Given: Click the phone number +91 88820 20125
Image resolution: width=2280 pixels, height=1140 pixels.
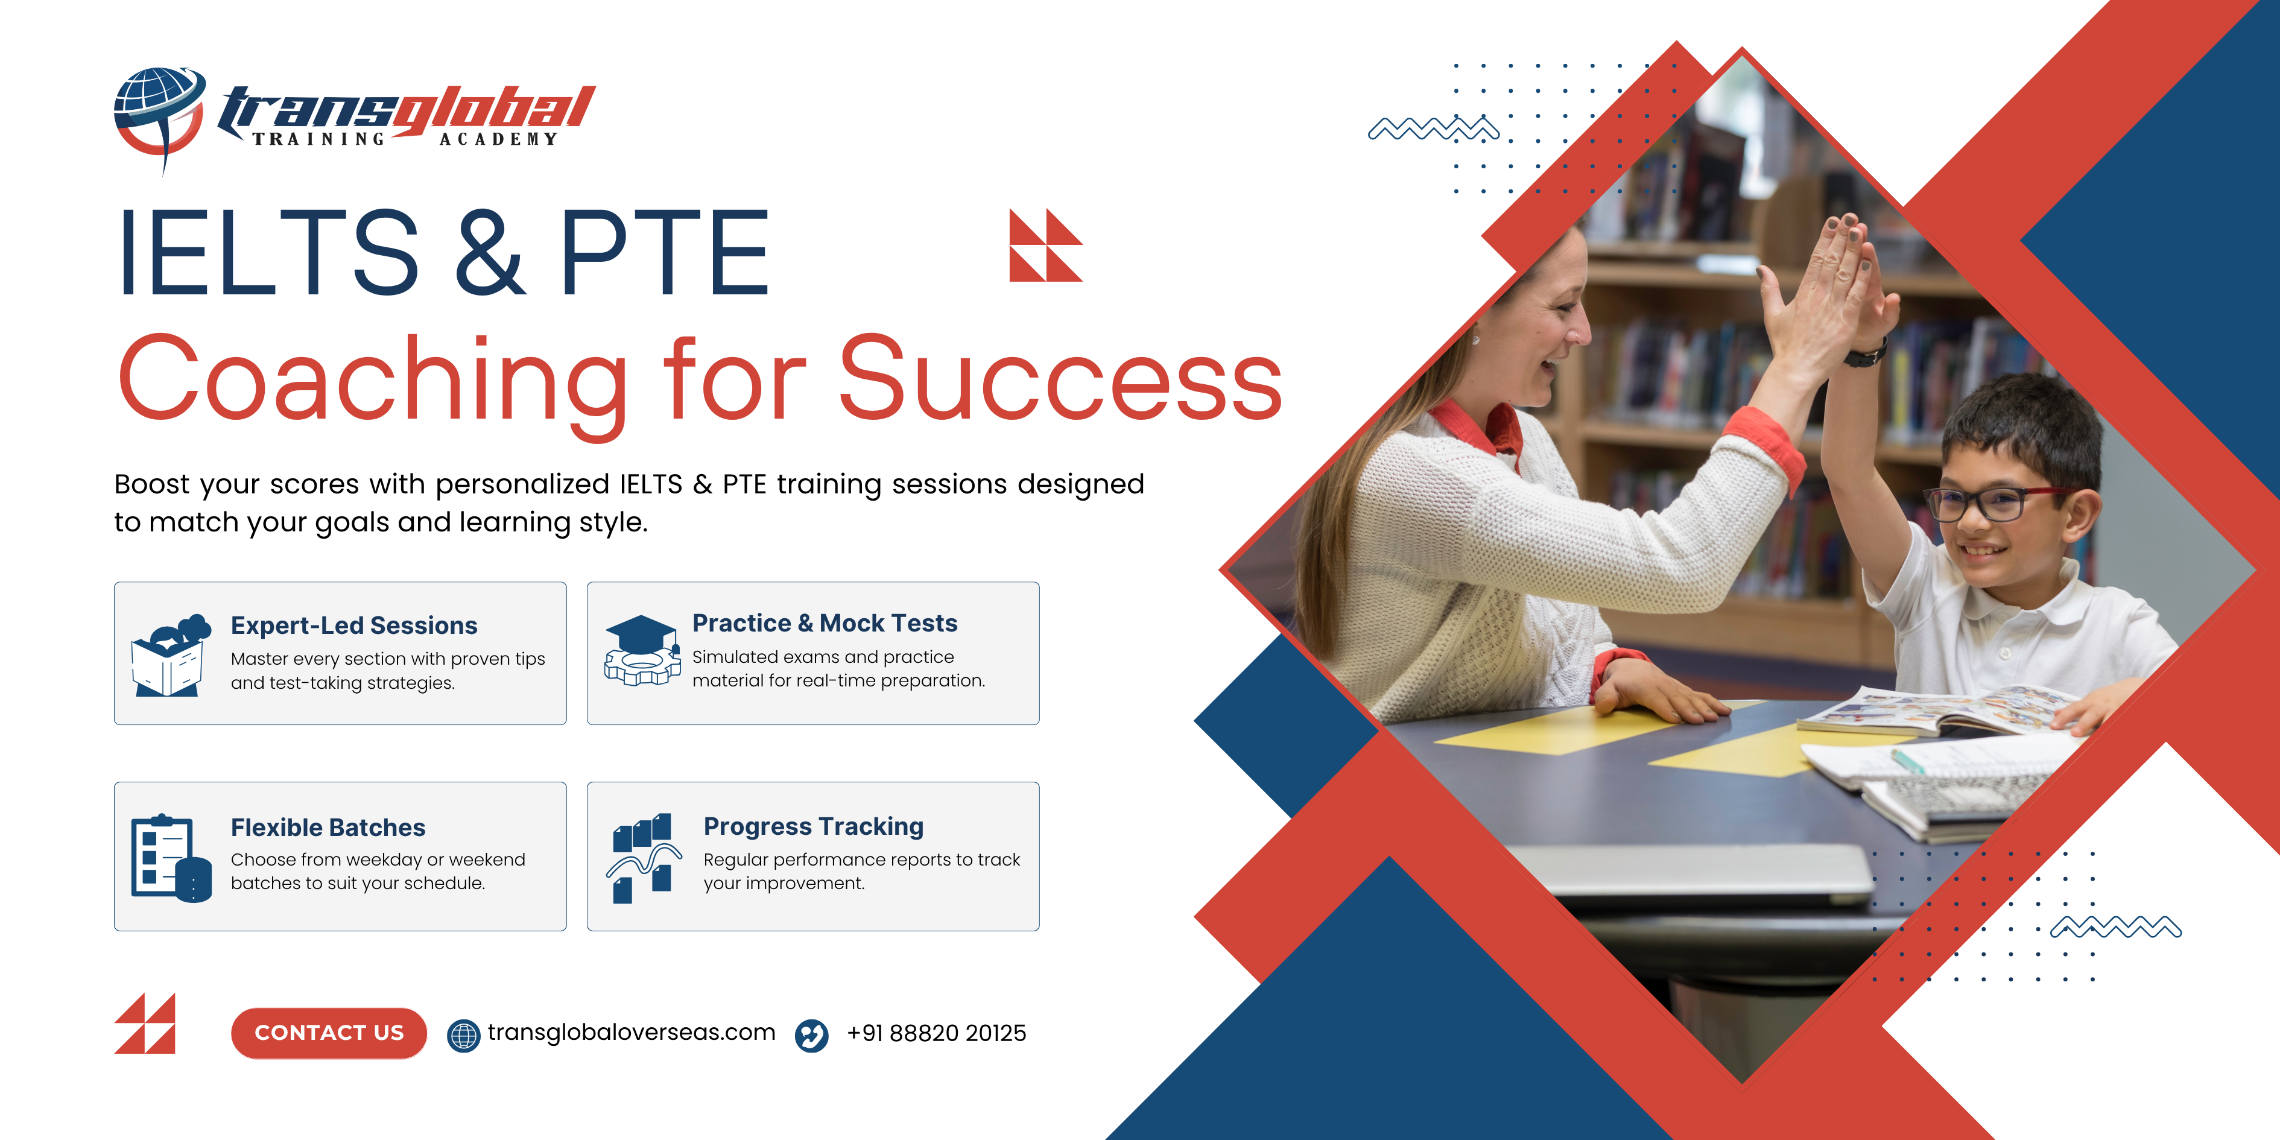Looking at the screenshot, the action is (x=936, y=1033).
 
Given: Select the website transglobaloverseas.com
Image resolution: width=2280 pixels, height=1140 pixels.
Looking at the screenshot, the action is (x=631, y=1033).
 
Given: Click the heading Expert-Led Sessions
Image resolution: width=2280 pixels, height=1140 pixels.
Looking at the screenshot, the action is (x=354, y=625).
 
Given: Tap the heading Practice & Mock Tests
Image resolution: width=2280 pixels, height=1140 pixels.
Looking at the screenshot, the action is (x=825, y=623).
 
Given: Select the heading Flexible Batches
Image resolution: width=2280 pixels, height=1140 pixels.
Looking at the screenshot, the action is (x=328, y=828).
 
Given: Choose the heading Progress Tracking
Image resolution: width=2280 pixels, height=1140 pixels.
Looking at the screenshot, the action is (x=814, y=827).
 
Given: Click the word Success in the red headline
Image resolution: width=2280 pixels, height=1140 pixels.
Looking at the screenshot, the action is (x=1060, y=379).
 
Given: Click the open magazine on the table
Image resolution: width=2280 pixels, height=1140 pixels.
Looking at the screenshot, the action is (x=1939, y=711).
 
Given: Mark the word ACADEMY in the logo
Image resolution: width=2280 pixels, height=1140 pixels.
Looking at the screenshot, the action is (x=498, y=139).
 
